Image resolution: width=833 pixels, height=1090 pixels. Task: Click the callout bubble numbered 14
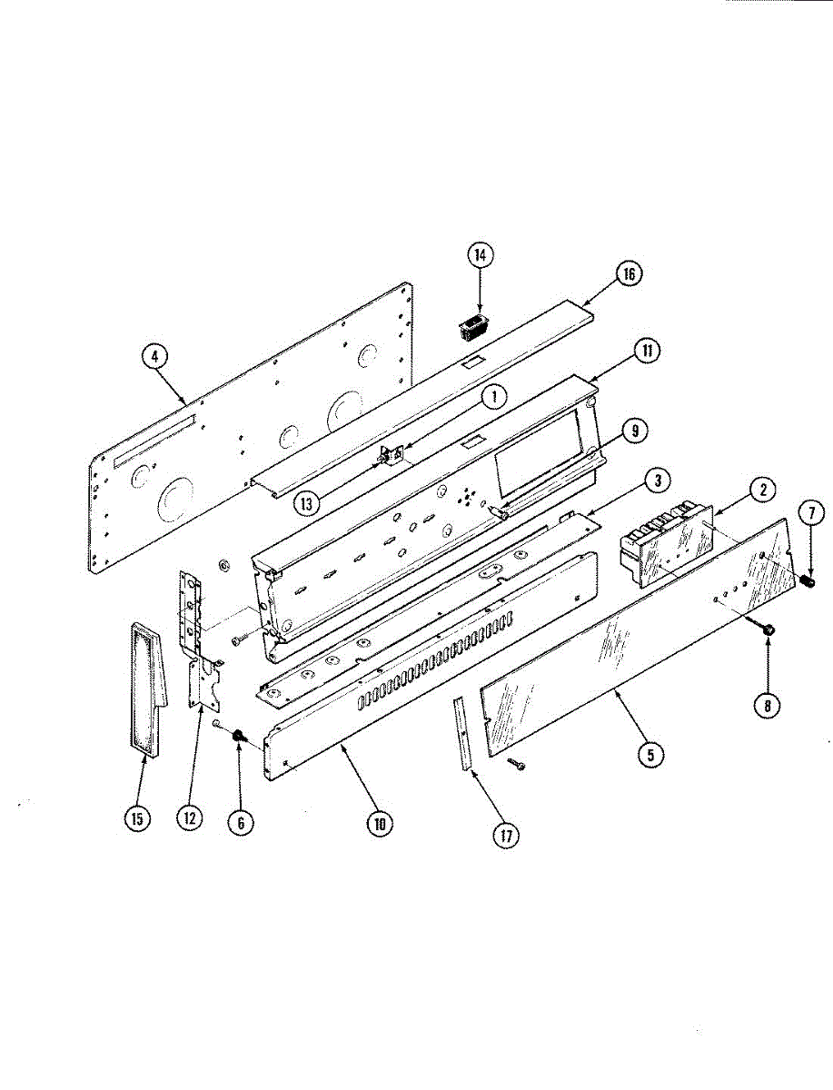pyautogui.click(x=480, y=256)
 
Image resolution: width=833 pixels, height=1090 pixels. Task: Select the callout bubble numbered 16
pyautogui.click(x=628, y=273)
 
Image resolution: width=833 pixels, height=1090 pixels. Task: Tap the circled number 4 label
pyautogui.click(x=155, y=357)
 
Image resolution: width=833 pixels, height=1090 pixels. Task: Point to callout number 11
pyautogui.click(x=646, y=352)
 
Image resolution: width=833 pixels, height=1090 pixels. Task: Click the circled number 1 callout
pyautogui.click(x=492, y=396)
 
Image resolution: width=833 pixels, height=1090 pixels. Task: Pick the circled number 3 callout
pyautogui.click(x=659, y=480)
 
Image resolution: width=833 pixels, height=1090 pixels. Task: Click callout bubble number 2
pyautogui.click(x=763, y=490)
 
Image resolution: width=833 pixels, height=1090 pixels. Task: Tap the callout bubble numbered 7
pyautogui.click(x=810, y=513)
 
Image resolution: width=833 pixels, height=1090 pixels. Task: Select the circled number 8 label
pyautogui.click(x=769, y=705)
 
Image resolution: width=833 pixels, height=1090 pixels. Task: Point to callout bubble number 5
pyautogui.click(x=651, y=754)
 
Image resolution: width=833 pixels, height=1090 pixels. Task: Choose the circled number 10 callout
pyautogui.click(x=379, y=824)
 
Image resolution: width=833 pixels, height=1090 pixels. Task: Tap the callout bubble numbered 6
pyautogui.click(x=241, y=822)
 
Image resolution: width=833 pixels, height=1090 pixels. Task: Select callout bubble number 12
pyautogui.click(x=189, y=818)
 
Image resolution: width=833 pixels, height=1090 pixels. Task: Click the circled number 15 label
pyautogui.click(x=136, y=818)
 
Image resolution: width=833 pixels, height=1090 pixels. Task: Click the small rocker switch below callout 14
pyautogui.click(x=470, y=327)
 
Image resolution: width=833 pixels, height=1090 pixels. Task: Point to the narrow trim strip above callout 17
pyautogui.click(x=464, y=734)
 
